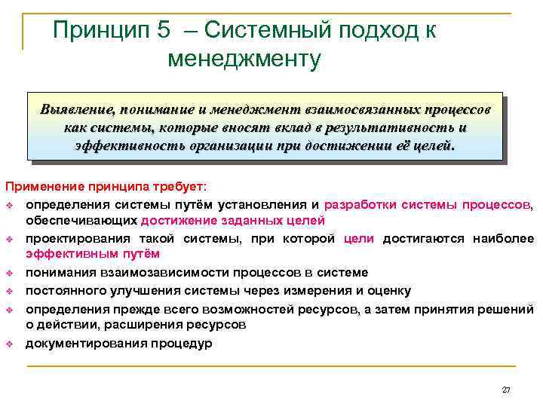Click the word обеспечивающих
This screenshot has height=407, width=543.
pyautogui.click(x=82, y=220)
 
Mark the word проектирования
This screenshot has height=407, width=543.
pyautogui.click(x=75, y=238)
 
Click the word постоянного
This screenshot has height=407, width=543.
pyautogui.click(x=63, y=290)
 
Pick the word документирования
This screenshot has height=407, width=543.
pyautogui.click(x=84, y=343)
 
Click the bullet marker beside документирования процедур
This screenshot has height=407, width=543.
pyautogui.click(x=10, y=343)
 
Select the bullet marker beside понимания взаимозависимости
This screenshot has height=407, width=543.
pyautogui.click(x=10, y=273)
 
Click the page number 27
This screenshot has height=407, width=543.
pyautogui.click(x=505, y=390)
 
